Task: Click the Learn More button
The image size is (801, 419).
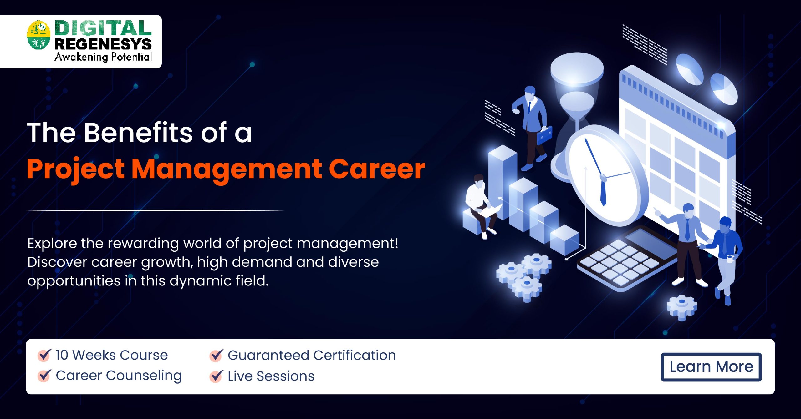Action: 711,367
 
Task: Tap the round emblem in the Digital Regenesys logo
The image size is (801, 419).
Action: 38,35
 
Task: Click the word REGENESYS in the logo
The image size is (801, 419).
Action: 103,44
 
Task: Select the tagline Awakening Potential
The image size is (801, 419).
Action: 103,57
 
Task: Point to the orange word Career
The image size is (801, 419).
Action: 377,169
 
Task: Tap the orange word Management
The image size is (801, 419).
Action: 227,169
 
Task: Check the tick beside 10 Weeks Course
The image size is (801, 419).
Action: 44,355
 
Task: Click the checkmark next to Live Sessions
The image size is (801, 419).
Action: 216,376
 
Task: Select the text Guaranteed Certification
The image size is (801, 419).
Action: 312,355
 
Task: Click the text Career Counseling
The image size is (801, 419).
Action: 119,376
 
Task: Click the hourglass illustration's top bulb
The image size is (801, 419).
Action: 577,72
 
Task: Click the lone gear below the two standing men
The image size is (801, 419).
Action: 681,306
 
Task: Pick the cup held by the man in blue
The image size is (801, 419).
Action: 730,258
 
